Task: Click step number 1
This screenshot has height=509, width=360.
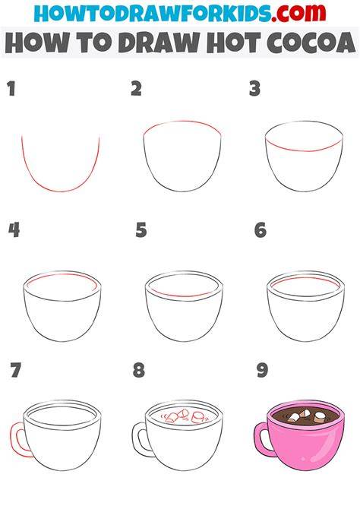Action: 12,89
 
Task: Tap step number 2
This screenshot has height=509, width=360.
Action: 136,89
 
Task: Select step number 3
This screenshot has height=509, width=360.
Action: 255,89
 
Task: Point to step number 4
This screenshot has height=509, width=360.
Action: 14,230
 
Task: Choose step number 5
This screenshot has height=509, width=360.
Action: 141,230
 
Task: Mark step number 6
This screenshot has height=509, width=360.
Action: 261,230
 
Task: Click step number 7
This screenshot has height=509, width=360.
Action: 16,370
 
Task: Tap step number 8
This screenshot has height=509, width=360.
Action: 139,370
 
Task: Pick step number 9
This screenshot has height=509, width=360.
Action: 262,370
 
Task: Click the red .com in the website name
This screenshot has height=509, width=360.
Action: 298,13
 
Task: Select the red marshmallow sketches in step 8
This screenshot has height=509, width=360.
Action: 184,416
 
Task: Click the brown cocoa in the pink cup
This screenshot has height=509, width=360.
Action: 305,416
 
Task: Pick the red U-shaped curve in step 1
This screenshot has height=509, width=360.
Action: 60,191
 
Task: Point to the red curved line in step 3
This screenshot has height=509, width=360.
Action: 304,150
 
